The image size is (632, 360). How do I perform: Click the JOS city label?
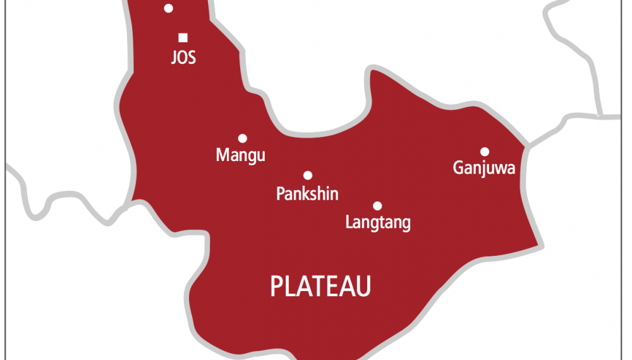[183, 58]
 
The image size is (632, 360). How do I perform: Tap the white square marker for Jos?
[183, 37]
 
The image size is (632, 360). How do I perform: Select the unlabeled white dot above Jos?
[168, 8]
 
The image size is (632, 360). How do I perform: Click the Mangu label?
[240, 155]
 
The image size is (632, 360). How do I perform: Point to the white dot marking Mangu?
[242, 138]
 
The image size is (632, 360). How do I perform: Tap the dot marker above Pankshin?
[308, 176]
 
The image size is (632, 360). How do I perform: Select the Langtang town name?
[378, 222]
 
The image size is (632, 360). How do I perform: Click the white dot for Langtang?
[377, 205]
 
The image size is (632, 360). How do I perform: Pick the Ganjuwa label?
[484, 168]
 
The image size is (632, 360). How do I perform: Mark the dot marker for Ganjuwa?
[485, 152]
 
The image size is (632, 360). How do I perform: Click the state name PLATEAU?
[320, 287]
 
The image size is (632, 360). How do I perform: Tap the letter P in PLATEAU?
[276, 287]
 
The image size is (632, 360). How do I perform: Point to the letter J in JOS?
[174, 58]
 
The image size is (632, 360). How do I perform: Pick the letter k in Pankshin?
[307, 193]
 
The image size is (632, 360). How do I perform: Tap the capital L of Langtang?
[349, 222]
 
